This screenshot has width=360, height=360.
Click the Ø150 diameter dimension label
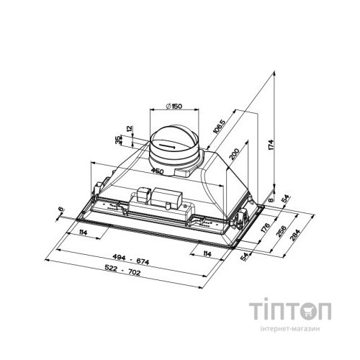172,107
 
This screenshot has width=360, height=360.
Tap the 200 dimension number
235,156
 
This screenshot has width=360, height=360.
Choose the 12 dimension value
129,130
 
